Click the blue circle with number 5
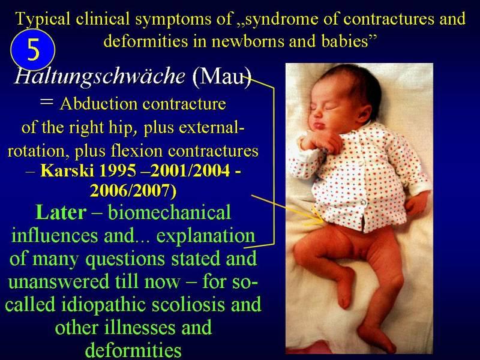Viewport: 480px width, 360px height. point(33,50)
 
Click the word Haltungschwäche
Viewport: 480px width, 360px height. point(100,76)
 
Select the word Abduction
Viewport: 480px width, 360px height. point(98,104)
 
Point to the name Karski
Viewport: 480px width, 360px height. point(67,170)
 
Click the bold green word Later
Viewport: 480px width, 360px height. point(61,212)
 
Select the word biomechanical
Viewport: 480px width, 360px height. point(169,212)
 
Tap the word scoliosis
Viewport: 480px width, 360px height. point(188,305)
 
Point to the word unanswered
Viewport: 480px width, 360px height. point(58,282)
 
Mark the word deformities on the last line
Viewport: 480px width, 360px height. point(133,350)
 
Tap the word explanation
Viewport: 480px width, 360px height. point(206,236)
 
